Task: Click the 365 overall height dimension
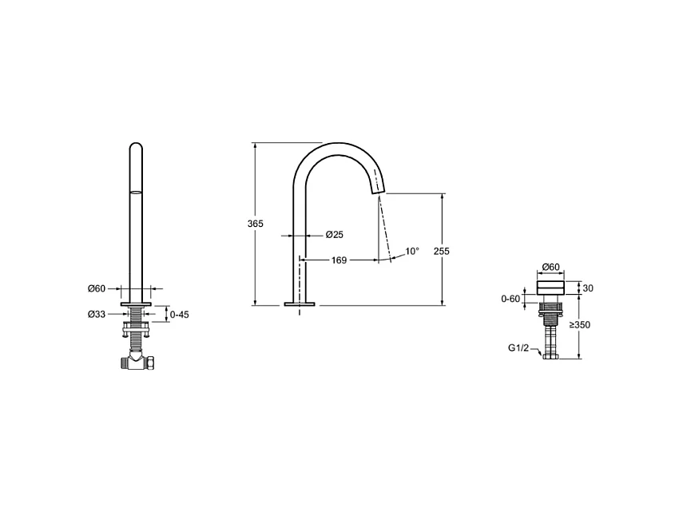pyautogui.click(x=256, y=224)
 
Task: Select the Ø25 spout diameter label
pyautogui.click(x=334, y=235)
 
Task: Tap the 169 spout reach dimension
pyautogui.click(x=339, y=260)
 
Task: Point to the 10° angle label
pyautogui.click(x=411, y=251)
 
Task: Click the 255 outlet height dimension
pyautogui.click(x=441, y=251)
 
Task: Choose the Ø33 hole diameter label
pyautogui.click(x=97, y=314)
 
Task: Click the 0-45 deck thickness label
pyautogui.click(x=180, y=314)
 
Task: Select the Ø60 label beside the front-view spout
pyautogui.click(x=97, y=288)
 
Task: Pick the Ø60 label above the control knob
pyautogui.click(x=550, y=267)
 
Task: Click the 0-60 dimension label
pyautogui.click(x=510, y=299)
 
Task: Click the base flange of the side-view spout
pyautogui.click(x=300, y=304)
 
